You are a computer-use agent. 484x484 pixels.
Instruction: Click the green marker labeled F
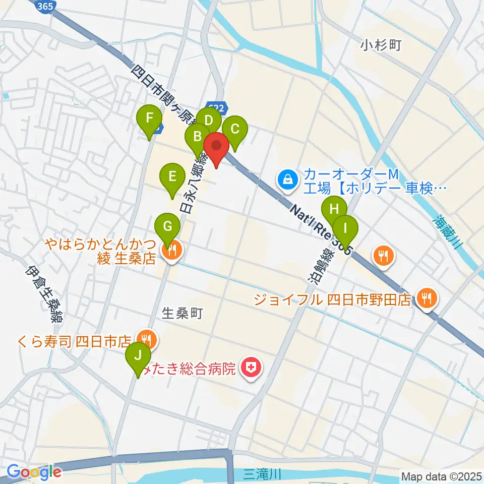[149, 119]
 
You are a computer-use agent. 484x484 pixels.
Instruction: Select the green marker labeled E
[172, 177]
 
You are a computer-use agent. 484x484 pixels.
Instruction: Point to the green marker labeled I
[345, 228]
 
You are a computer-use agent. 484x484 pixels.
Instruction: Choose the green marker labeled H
[334, 209]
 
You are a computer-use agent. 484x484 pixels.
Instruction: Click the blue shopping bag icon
[287, 179]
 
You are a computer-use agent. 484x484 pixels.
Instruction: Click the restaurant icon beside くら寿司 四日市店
[146, 339]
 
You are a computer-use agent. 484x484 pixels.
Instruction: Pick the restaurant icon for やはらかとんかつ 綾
[172, 250]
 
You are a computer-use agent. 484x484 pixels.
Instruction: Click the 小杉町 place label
[381, 46]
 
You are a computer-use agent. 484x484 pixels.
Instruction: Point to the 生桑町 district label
[183, 313]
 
